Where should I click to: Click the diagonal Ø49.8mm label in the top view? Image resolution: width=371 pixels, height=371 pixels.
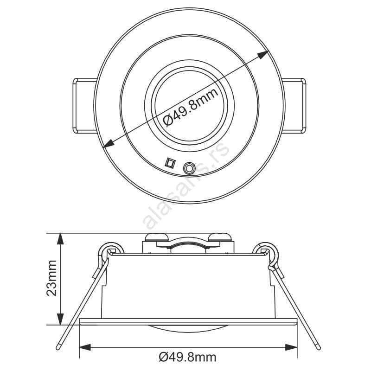(x=191, y=108)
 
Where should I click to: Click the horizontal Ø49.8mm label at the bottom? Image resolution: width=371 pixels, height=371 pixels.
(x=188, y=357)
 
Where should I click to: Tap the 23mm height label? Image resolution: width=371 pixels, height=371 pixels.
(x=51, y=278)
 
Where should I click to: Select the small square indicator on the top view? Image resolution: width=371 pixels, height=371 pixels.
(x=170, y=163)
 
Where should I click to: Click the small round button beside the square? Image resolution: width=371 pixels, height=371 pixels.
(x=189, y=168)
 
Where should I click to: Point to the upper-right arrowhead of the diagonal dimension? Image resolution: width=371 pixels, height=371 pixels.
(x=263, y=55)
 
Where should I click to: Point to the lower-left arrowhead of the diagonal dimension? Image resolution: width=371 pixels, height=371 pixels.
(x=109, y=143)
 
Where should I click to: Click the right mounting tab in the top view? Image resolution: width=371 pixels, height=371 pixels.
(x=294, y=106)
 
